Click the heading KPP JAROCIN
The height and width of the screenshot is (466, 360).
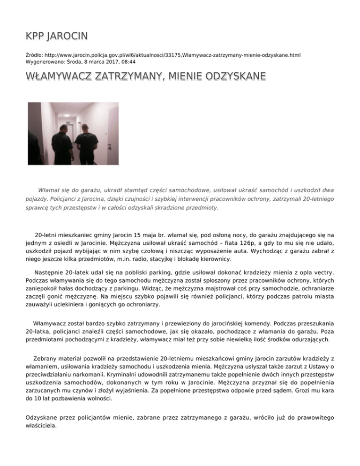pyautogui.click(x=57, y=36)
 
